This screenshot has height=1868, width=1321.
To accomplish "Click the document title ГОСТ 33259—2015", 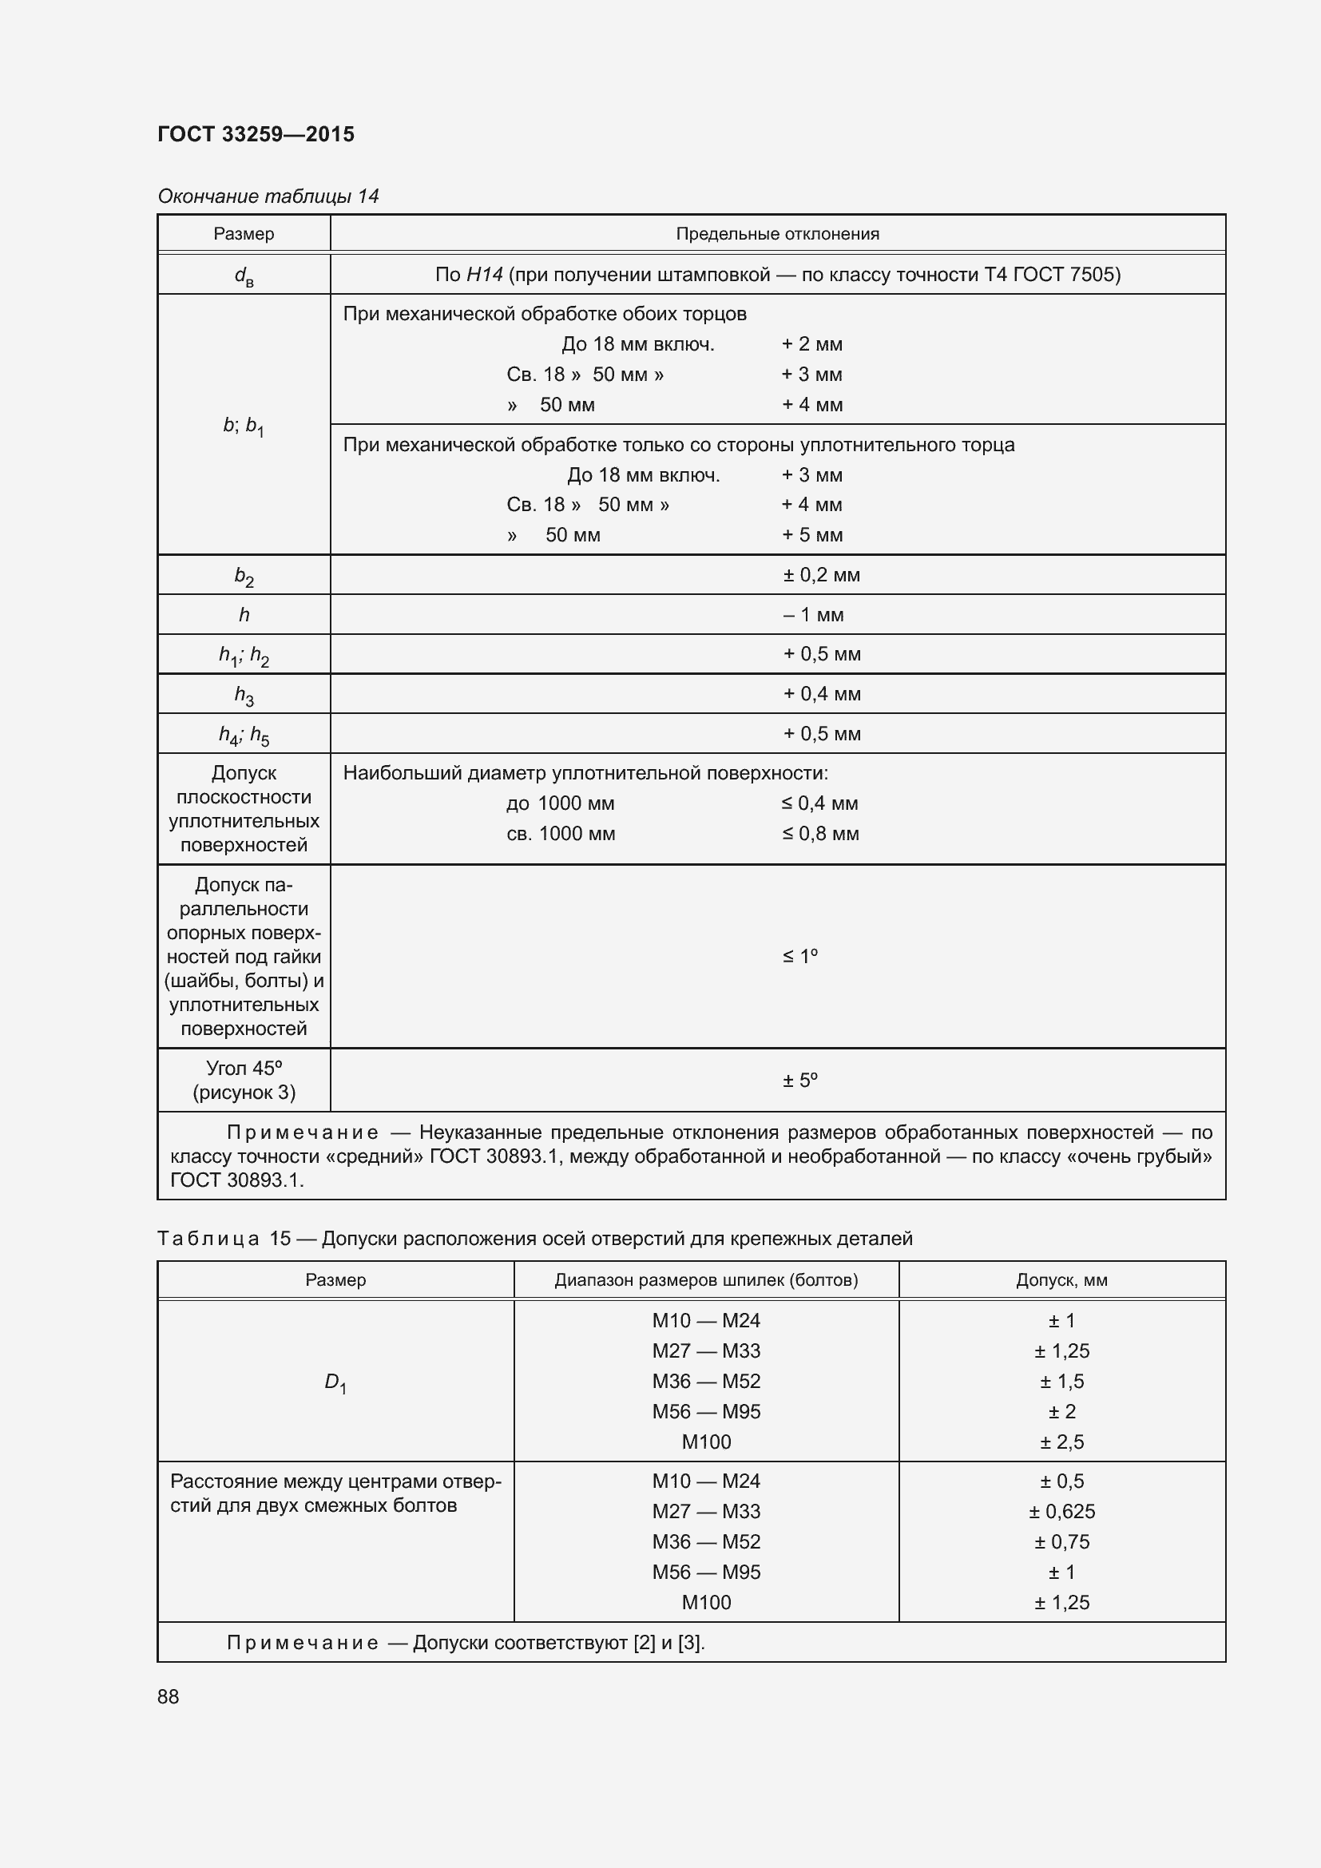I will pos(256,134).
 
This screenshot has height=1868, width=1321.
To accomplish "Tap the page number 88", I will pos(169,1696).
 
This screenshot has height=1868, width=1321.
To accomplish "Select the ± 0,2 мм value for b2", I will pos(821,575).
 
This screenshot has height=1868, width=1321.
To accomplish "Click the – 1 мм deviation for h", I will pos(813,615).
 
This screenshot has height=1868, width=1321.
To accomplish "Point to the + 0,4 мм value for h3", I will pos(822,694).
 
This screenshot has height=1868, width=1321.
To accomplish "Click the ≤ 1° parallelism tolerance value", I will pos(799,956).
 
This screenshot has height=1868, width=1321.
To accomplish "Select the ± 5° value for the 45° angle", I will pos(799,1081).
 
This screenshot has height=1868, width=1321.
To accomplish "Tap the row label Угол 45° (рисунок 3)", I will pos(244,1080).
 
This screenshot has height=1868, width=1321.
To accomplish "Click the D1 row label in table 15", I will pos(335,1382).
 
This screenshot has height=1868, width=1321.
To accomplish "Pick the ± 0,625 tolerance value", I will pos(1061,1512).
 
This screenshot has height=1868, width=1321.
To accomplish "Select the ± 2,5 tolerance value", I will pos(1061,1442).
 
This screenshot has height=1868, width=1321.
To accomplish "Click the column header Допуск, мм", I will pos(1061,1279).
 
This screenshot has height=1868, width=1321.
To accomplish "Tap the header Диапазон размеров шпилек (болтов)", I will pos(706,1279).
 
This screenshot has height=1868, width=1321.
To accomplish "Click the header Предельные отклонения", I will pos(778,234).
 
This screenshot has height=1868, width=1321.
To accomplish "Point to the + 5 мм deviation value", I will pos(811,535).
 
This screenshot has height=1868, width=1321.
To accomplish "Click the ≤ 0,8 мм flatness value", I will pos(820,834).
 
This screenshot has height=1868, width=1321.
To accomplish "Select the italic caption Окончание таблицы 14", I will pos(268,196).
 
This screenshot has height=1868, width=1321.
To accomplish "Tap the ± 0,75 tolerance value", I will pos(1061,1541).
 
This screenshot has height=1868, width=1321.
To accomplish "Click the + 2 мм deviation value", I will pos(811,344).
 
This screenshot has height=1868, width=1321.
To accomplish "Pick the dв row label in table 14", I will pos(244,276).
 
